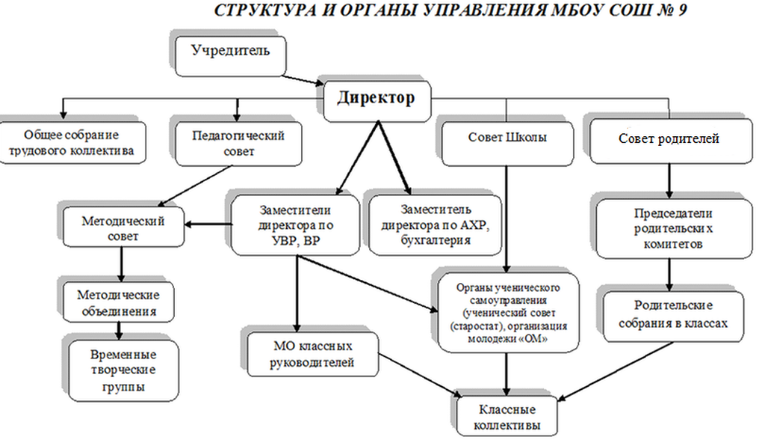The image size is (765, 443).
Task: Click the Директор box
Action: click(x=375, y=99)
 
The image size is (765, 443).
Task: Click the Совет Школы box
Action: click(x=507, y=138)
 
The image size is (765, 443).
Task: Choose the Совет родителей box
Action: click(x=669, y=139)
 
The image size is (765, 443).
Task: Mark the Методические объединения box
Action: click(x=120, y=300)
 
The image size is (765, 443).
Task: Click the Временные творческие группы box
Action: click(x=123, y=370)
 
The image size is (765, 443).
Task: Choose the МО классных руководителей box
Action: click(x=312, y=355)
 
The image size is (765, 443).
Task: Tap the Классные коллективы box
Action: click(x=507, y=416)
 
